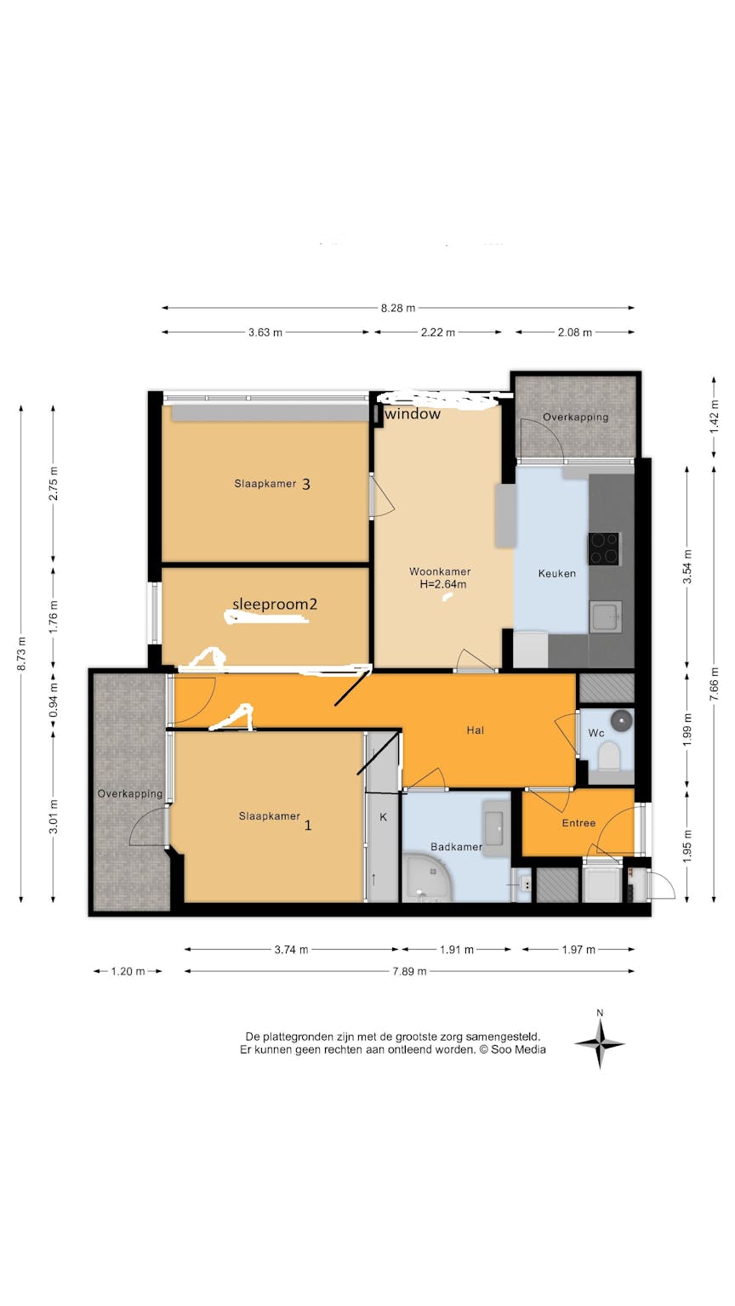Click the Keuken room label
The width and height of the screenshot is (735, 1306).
click(x=556, y=574)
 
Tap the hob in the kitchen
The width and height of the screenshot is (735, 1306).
click(x=603, y=548)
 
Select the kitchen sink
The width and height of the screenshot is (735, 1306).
click(x=606, y=616)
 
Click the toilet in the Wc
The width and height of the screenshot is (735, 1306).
click(x=609, y=756)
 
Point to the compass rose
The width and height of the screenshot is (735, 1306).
click(x=600, y=1044)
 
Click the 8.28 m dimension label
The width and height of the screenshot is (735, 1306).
click(x=398, y=308)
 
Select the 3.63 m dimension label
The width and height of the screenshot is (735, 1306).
click(x=265, y=332)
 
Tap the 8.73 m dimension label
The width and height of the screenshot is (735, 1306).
click(x=21, y=654)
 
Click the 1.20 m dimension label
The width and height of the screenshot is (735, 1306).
click(x=128, y=971)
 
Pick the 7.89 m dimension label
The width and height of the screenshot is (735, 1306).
click(x=409, y=971)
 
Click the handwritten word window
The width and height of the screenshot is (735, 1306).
click(x=413, y=414)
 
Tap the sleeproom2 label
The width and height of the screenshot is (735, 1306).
click(x=275, y=605)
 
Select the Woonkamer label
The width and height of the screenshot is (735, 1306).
click(x=440, y=571)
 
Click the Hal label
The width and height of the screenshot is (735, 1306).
click(x=475, y=730)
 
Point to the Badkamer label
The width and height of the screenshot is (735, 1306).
click(x=456, y=847)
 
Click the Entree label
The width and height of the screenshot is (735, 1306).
click(x=578, y=823)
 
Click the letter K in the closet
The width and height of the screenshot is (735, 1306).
click(x=384, y=817)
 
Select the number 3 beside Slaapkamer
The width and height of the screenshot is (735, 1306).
click(x=306, y=484)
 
